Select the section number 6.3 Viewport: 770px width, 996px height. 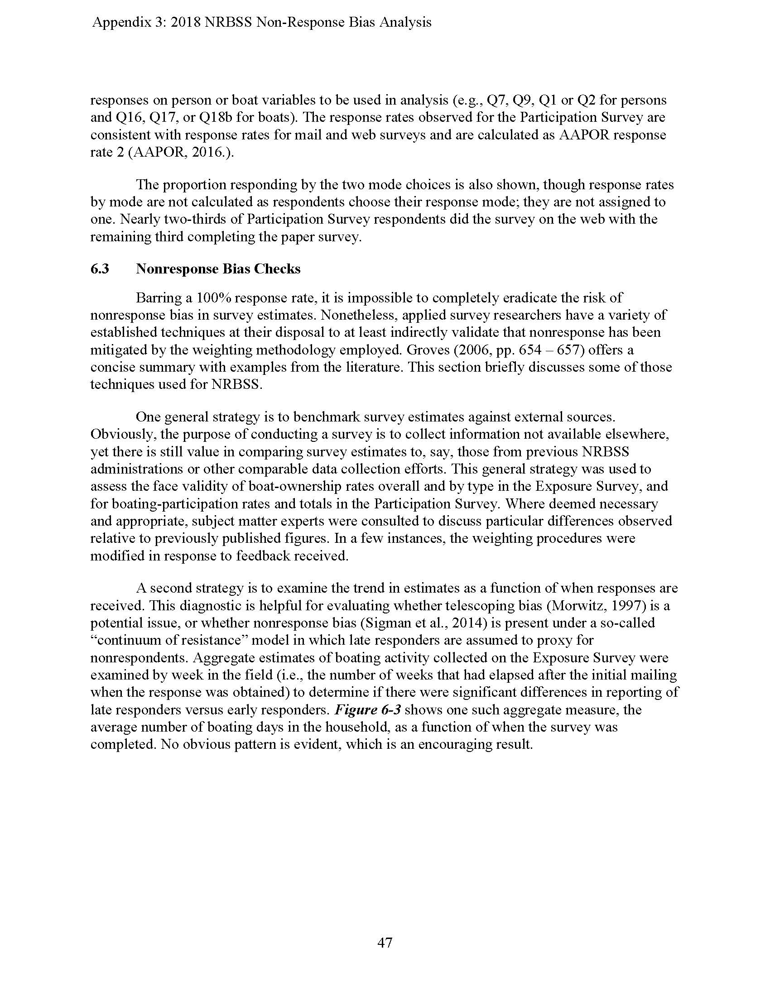point(100,269)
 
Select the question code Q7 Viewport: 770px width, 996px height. point(496,101)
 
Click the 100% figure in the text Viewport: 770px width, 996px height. point(213,298)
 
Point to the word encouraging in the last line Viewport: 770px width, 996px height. point(470,745)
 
